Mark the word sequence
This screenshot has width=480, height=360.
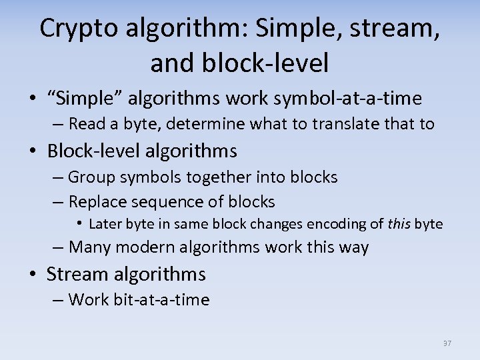click(x=165, y=201)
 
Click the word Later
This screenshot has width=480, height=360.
click(x=103, y=224)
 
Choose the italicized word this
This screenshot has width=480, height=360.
click(x=399, y=224)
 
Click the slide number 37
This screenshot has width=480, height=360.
click(x=447, y=343)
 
